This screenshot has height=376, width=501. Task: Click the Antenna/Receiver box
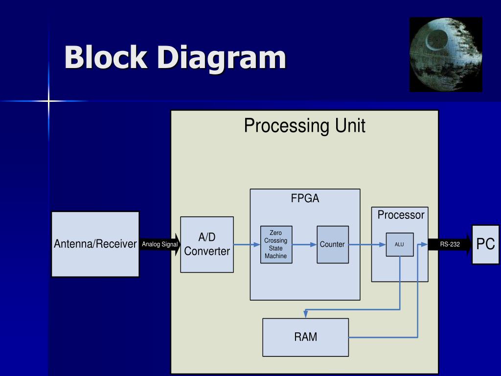click(95, 244)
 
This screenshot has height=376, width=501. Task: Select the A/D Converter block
click(207, 245)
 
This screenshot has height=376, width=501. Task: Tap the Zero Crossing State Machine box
click(276, 245)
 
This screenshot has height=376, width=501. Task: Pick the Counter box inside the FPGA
click(333, 245)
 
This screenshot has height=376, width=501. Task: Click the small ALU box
click(400, 245)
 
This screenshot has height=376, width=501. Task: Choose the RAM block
click(305, 337)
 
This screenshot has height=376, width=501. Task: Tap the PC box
click(485, 245)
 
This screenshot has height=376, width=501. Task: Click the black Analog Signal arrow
click(160, 245)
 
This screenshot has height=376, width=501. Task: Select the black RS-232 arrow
click(450, 245)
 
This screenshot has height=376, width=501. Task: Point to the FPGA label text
click(305, 198)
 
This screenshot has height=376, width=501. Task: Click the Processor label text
click(401, 215)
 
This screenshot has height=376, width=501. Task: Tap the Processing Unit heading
click(304, 125)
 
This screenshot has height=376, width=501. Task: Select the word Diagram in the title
click(222, 58)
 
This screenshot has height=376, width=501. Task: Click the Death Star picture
click(446, 55)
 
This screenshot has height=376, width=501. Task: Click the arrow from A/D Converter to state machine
click(247, 245)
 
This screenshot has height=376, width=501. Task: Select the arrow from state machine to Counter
click(304, 245)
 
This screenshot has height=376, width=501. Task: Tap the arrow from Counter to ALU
click(367, 245)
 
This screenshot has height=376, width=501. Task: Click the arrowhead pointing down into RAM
click(306, 314)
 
